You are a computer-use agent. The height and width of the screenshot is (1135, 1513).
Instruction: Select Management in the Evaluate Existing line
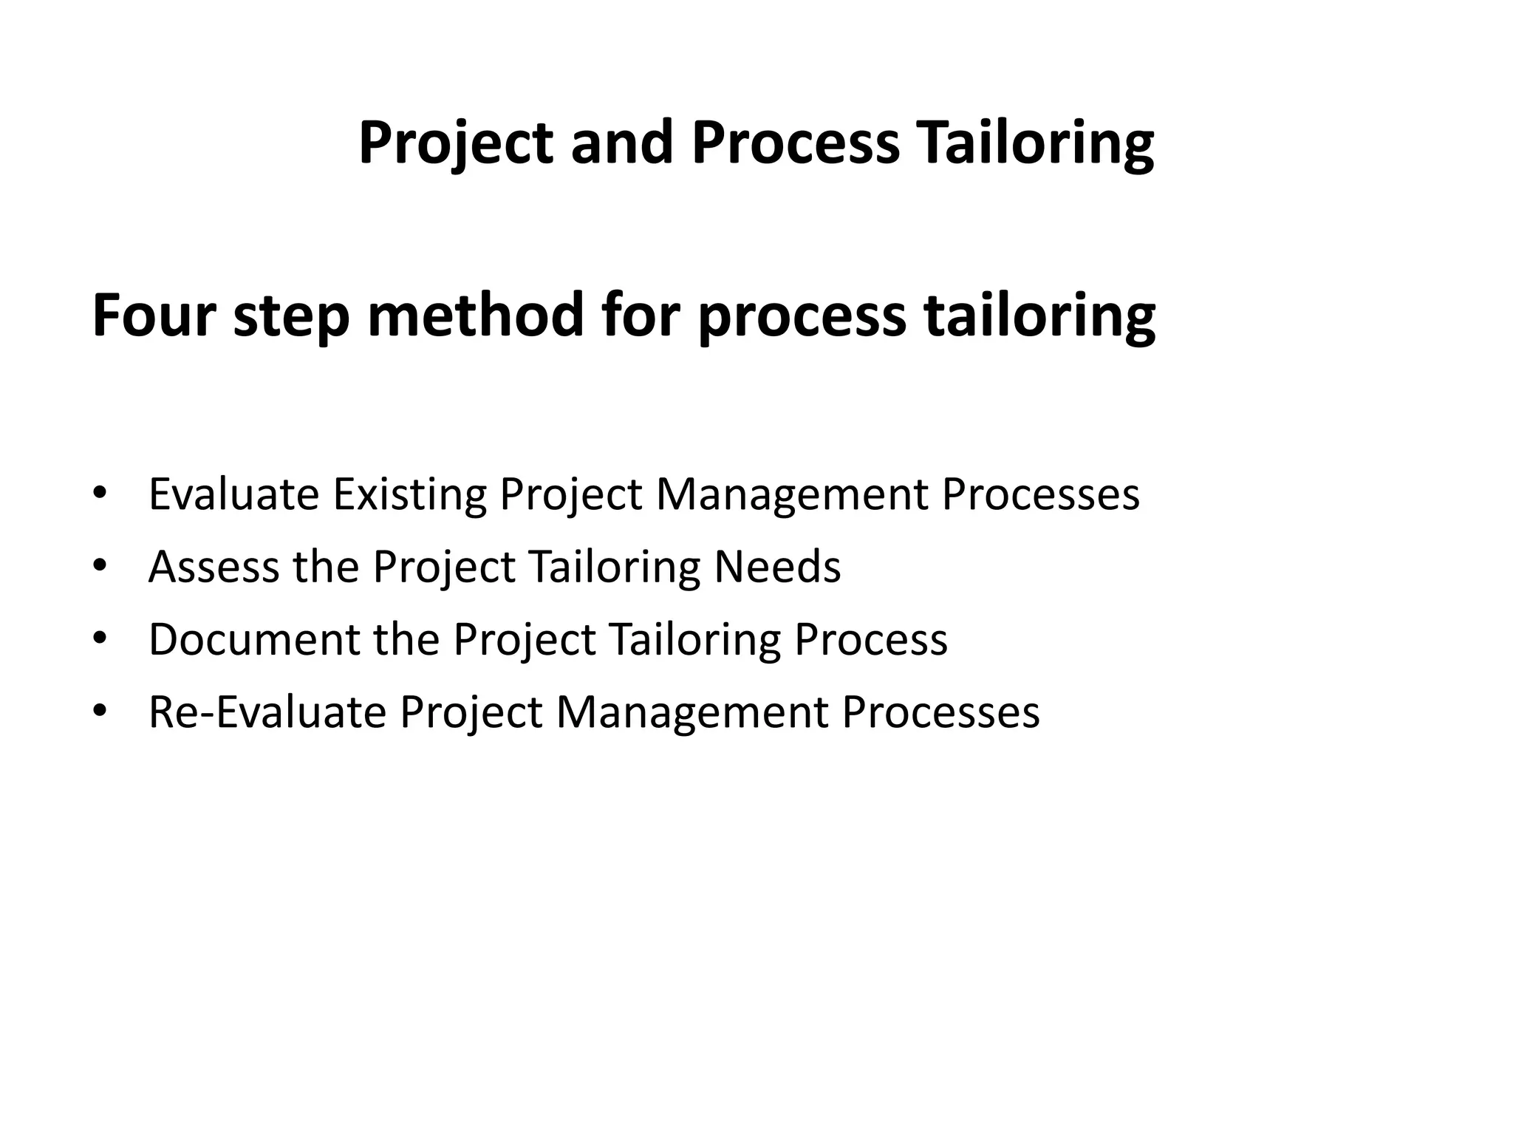[x=791, y=494]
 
